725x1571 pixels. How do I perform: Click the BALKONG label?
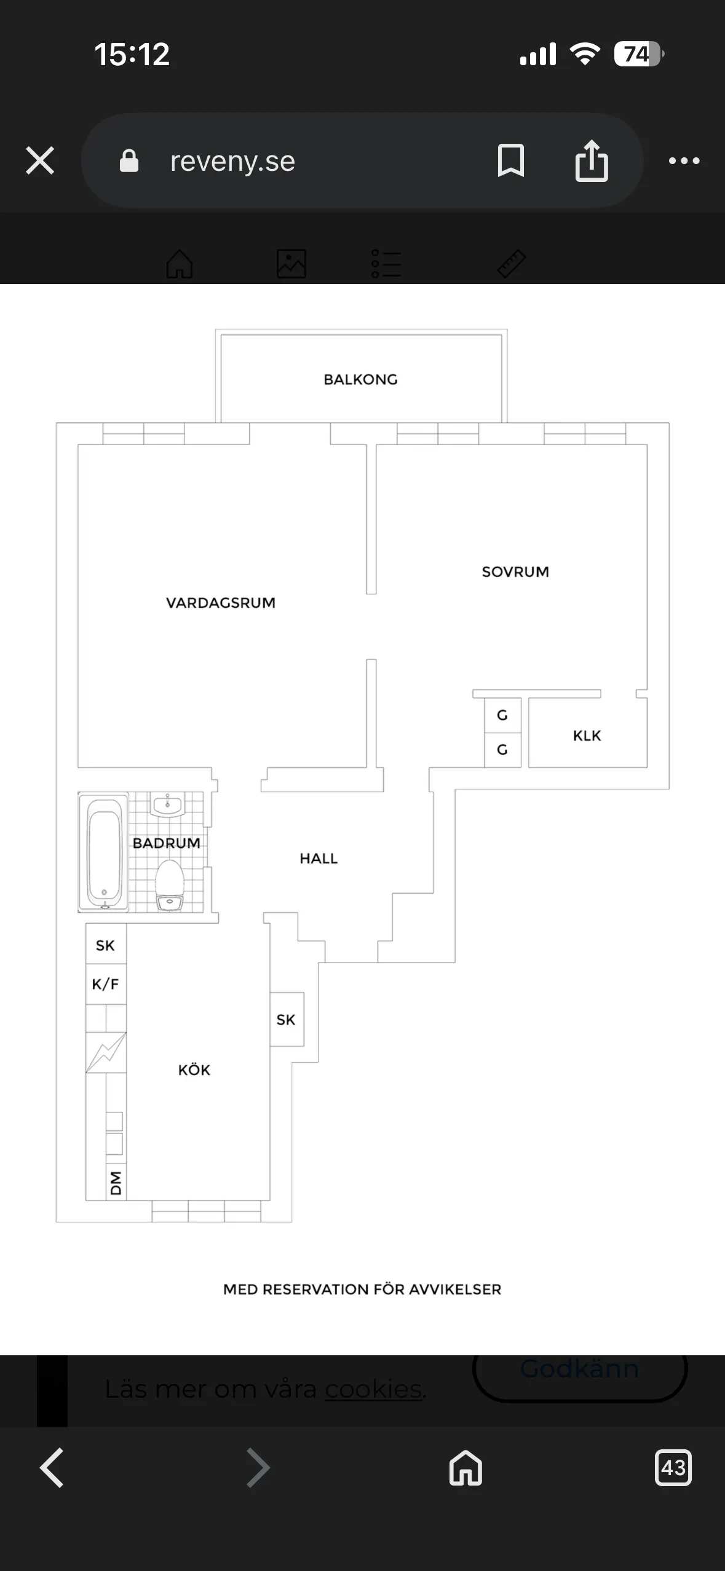pyautogui.click(x=360, y=379)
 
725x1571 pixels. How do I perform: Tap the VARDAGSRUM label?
pyautogui.click(x=221, y=602)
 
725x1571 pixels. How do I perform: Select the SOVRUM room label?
pyautogui.click(x=515, y=572)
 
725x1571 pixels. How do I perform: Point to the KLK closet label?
pyautogui.click(x=587, y=735)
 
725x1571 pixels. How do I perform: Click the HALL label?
pyautogui.click(x=319, y=858)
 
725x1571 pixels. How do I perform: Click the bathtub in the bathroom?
pyautogui.click(x=104, y=851)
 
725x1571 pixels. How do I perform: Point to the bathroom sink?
pyautogui.click(x=167, y=805)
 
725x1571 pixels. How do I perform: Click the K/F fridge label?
pyautogui.click(x=105, y=984)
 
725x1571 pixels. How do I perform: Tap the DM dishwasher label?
pyautogui.click(x=116, y=1183)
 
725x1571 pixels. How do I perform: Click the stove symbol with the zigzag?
pyautogui.click(x=106, y=1052)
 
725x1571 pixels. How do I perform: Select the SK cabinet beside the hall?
pyautogui.click(x=287, y=1019)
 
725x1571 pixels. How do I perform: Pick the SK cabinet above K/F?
pyautogui.click(x=106, y=945)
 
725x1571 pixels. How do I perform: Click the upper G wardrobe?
pyautogui.click(x=502, y=715)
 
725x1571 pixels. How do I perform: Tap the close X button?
pyautogui.click(x=40, y=160)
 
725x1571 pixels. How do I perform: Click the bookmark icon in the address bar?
pyautogui.click(x=510, y=160)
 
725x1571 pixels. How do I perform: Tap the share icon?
pyautogui.click(x=592, y=160)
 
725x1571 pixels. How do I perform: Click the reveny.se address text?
pyautogui.click(x=232, y=161)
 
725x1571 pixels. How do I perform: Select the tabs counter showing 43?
pyautogui.click(x=673, y=1468)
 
